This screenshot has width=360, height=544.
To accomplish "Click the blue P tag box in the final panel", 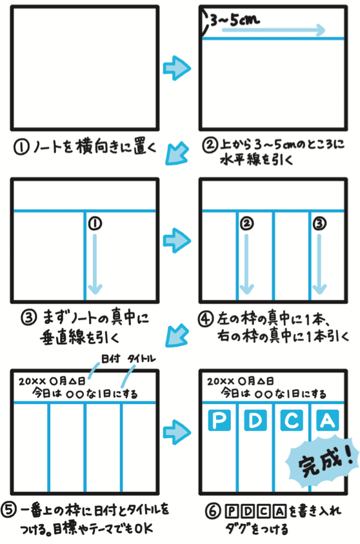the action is [x=219, y=420].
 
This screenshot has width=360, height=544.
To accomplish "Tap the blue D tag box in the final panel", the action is [x=255, y=420].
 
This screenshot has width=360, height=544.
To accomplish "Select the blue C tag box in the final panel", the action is [x=292, y=420].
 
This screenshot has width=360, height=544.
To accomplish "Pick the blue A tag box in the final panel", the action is [x=328, y=420].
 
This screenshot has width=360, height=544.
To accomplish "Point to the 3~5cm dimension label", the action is [x=235, y=20].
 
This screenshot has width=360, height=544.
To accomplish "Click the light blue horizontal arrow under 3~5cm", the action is [x=274, y=30].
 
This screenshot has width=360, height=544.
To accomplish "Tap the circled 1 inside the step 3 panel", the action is [x=95, y=223].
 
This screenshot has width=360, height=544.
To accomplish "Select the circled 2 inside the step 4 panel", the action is [x=247, y=223].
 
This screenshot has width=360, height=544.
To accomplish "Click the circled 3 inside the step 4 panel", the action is [x=319, y=223].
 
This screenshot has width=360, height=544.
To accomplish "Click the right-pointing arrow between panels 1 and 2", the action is [x=177, y=68].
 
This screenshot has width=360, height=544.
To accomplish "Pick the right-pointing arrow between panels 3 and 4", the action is [x=177, y=241].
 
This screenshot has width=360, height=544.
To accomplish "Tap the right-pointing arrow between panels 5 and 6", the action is [x=177, y=432].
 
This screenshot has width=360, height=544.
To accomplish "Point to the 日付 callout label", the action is [x=110, y=358].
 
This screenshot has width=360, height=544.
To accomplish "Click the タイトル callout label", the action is [x=141, y=359].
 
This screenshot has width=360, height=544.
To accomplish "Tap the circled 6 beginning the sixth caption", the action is [x=212, y=511].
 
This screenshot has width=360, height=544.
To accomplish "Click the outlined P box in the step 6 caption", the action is [x=232, y=511].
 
